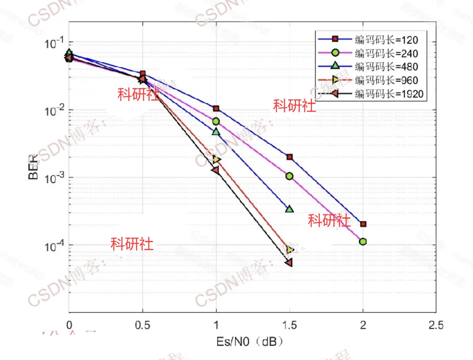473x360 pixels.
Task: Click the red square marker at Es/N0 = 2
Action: click(x=363, y=224)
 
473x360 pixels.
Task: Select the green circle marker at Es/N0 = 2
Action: click(x=363, y=241)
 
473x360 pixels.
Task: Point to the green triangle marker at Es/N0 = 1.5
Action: click(x=290, y=209)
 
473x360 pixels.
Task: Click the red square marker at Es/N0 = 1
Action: click(x=216, y=108)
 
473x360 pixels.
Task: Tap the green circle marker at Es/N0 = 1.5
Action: click(x=290, y=176)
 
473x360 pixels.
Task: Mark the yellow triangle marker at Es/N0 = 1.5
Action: click(x=290, y=250)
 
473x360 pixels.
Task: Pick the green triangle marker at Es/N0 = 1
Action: click(x=216, y=131)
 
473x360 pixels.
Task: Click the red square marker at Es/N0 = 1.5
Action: click(x=290, y=157)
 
